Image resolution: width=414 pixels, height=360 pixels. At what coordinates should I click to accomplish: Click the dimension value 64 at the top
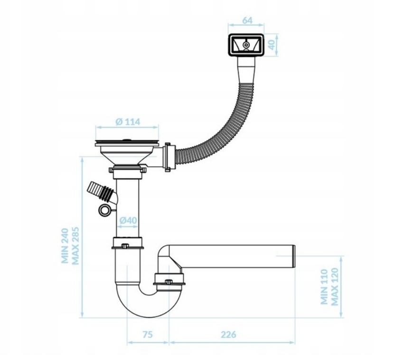coord(247,20)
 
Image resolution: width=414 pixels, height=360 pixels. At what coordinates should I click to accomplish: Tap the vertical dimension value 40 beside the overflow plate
coord(272,45)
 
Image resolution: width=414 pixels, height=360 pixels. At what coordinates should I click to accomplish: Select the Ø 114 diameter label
coord(128,122)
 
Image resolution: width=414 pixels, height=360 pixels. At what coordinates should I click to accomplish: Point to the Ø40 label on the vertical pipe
coord(128,220)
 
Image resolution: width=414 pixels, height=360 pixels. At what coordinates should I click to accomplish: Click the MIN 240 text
coord(65,246)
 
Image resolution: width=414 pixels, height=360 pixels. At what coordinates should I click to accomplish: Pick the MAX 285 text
coord(75,246)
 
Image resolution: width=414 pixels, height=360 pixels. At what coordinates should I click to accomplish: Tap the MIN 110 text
coord(324,287)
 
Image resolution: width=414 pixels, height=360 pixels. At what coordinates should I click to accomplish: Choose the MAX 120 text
coord(334,287)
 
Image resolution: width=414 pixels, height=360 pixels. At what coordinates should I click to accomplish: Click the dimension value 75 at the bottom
coord(148,334)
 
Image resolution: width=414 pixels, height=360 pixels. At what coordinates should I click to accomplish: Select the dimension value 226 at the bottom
coord(228,334)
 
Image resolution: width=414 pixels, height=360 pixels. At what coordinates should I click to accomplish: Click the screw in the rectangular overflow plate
coord(246,45)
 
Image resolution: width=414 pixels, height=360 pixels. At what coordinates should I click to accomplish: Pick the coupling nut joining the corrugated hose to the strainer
coord(169,157)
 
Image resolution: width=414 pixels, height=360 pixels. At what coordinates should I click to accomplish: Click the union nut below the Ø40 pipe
coord(128,243)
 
